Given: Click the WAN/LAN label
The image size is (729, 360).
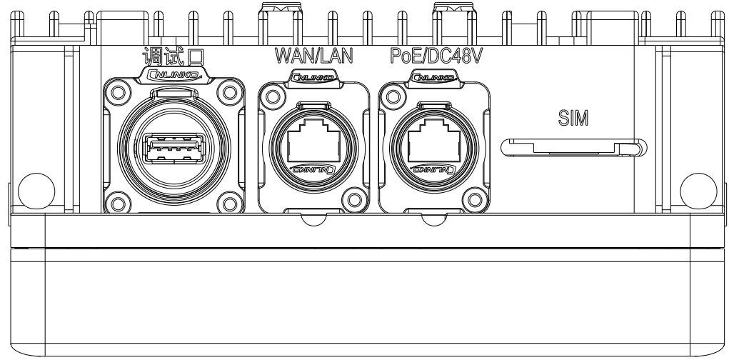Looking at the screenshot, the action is (x=314, y=55).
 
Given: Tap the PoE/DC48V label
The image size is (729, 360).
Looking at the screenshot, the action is (x=436, y=55).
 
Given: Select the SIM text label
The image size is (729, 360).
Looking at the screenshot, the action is (x=573, y=118).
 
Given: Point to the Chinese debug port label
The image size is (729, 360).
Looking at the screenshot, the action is (x=174, y=56).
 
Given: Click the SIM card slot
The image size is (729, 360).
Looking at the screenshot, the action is (x=574, y=147).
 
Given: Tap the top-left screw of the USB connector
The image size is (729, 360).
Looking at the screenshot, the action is (x=118, y=92).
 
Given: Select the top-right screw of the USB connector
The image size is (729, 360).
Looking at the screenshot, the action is (x=230, y=92).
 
